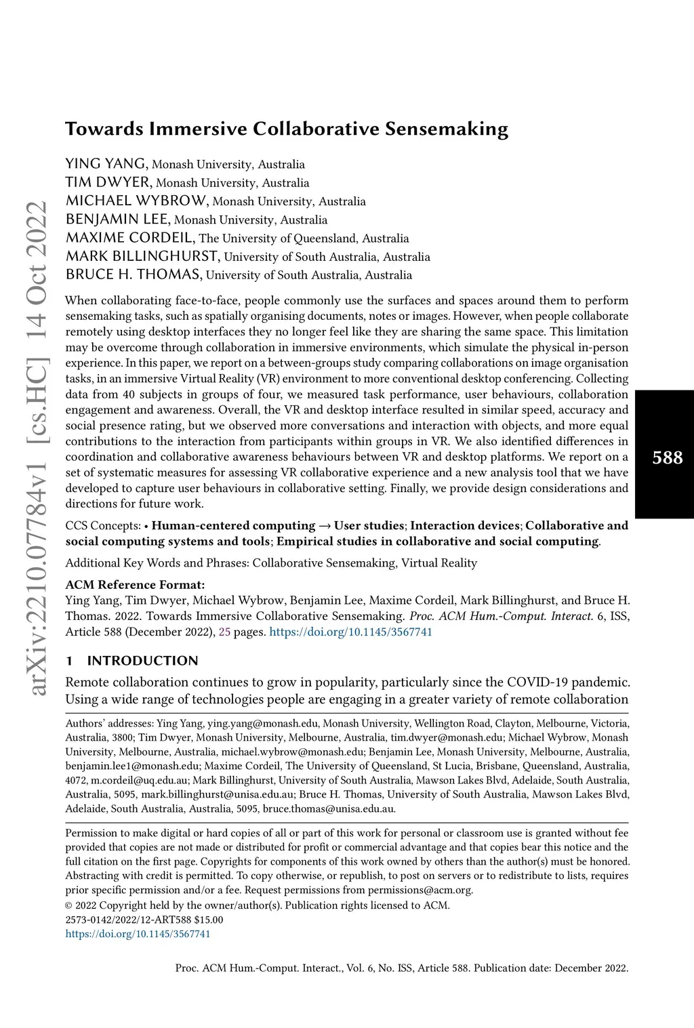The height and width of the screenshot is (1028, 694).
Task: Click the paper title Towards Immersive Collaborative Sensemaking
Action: coord(286,129)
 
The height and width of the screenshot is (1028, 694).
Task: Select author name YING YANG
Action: coord(106,163)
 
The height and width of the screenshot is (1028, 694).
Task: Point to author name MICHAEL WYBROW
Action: coord(136,201)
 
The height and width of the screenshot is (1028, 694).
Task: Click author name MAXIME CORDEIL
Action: coord(130,238)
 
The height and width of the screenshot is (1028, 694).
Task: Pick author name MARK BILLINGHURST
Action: coord(142,256)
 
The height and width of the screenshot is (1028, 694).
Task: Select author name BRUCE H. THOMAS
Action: coord(134,274)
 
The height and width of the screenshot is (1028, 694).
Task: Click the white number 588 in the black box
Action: coord(667,458)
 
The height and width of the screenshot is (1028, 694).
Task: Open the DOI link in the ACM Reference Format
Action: coord(350,632)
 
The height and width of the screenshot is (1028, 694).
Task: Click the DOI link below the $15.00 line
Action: coord(138,934)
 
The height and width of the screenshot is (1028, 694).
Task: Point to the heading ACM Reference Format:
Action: coord(135,584)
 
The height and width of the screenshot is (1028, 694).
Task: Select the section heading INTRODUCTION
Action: coord(142,661)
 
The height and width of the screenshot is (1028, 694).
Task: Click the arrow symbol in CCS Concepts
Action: coord(325,526)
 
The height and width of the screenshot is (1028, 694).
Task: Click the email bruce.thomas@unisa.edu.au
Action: coord(329,808)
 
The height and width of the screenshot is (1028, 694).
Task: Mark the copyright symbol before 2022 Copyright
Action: coord(68,905)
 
